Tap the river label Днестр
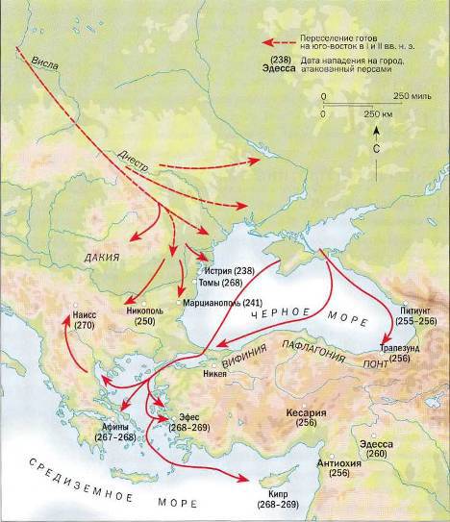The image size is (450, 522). pos(136,156)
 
